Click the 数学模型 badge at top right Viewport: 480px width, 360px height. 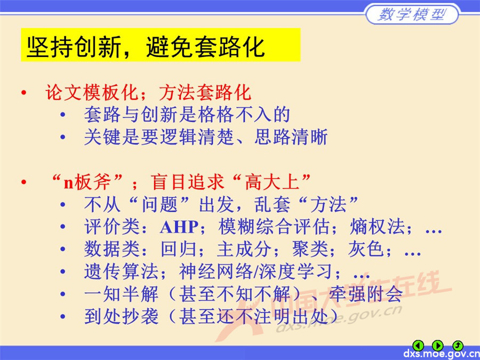tap(411, 14)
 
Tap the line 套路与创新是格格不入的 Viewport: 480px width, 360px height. tap(187, 115)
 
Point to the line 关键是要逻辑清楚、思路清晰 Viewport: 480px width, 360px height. tap(205, 137)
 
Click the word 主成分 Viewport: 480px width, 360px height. tap(243, 249)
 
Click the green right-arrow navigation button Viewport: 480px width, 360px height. tap(438, 345)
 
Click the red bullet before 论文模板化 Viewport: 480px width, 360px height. tap(23, 93)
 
